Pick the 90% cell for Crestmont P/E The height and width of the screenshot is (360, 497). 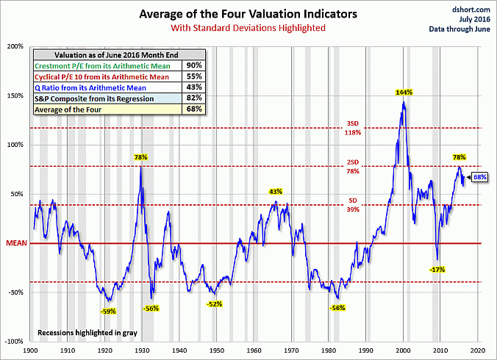pyautogui.click(x=195, y=66)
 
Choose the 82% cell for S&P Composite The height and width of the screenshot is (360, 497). pyautogui.click(x=195, y=98)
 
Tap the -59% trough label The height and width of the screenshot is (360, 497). pyautogui.click(x=107, y=311)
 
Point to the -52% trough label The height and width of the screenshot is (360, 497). pyautogui.click(x=215, y=304)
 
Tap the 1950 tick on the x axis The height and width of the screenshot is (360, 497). pyautogui.click(x=217, y=350)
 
